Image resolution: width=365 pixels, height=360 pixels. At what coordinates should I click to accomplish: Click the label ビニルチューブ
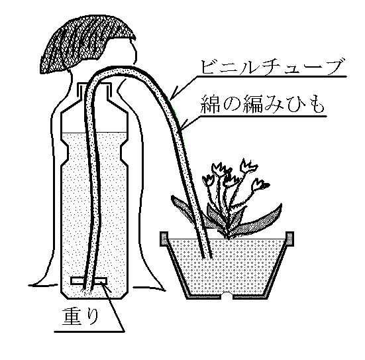tap(272, 67)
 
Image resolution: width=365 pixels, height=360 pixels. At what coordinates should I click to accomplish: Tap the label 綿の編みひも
tap(262, 104)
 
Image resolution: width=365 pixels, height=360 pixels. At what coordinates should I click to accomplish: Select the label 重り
tap(80, 316)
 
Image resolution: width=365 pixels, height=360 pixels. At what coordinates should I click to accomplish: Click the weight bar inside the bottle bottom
tap(89, 281)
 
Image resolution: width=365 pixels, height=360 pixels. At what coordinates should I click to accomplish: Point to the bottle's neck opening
tap(93, 84)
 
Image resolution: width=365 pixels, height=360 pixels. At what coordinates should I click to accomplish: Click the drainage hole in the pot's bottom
tap(227, 296)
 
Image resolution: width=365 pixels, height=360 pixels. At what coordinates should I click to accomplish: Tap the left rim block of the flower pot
tap(164, 239)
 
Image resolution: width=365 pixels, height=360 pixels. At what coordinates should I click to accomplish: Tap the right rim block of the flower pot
tap(289, 239)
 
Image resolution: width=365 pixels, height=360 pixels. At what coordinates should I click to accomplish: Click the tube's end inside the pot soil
tap(208, 257)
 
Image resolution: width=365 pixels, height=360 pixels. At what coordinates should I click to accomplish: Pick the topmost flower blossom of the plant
tap(248, 166)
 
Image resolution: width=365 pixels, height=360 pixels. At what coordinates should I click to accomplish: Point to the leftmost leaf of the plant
tap(184, 208)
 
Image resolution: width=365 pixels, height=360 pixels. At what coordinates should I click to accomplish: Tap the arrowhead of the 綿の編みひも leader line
tap(182, 127)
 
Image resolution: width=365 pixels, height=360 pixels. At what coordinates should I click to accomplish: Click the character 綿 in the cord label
tap(210, 104)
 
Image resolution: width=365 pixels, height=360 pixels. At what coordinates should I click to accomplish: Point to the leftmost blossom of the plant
tap(209, 180)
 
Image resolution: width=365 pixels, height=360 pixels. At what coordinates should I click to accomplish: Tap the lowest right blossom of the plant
tap(260, 184)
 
